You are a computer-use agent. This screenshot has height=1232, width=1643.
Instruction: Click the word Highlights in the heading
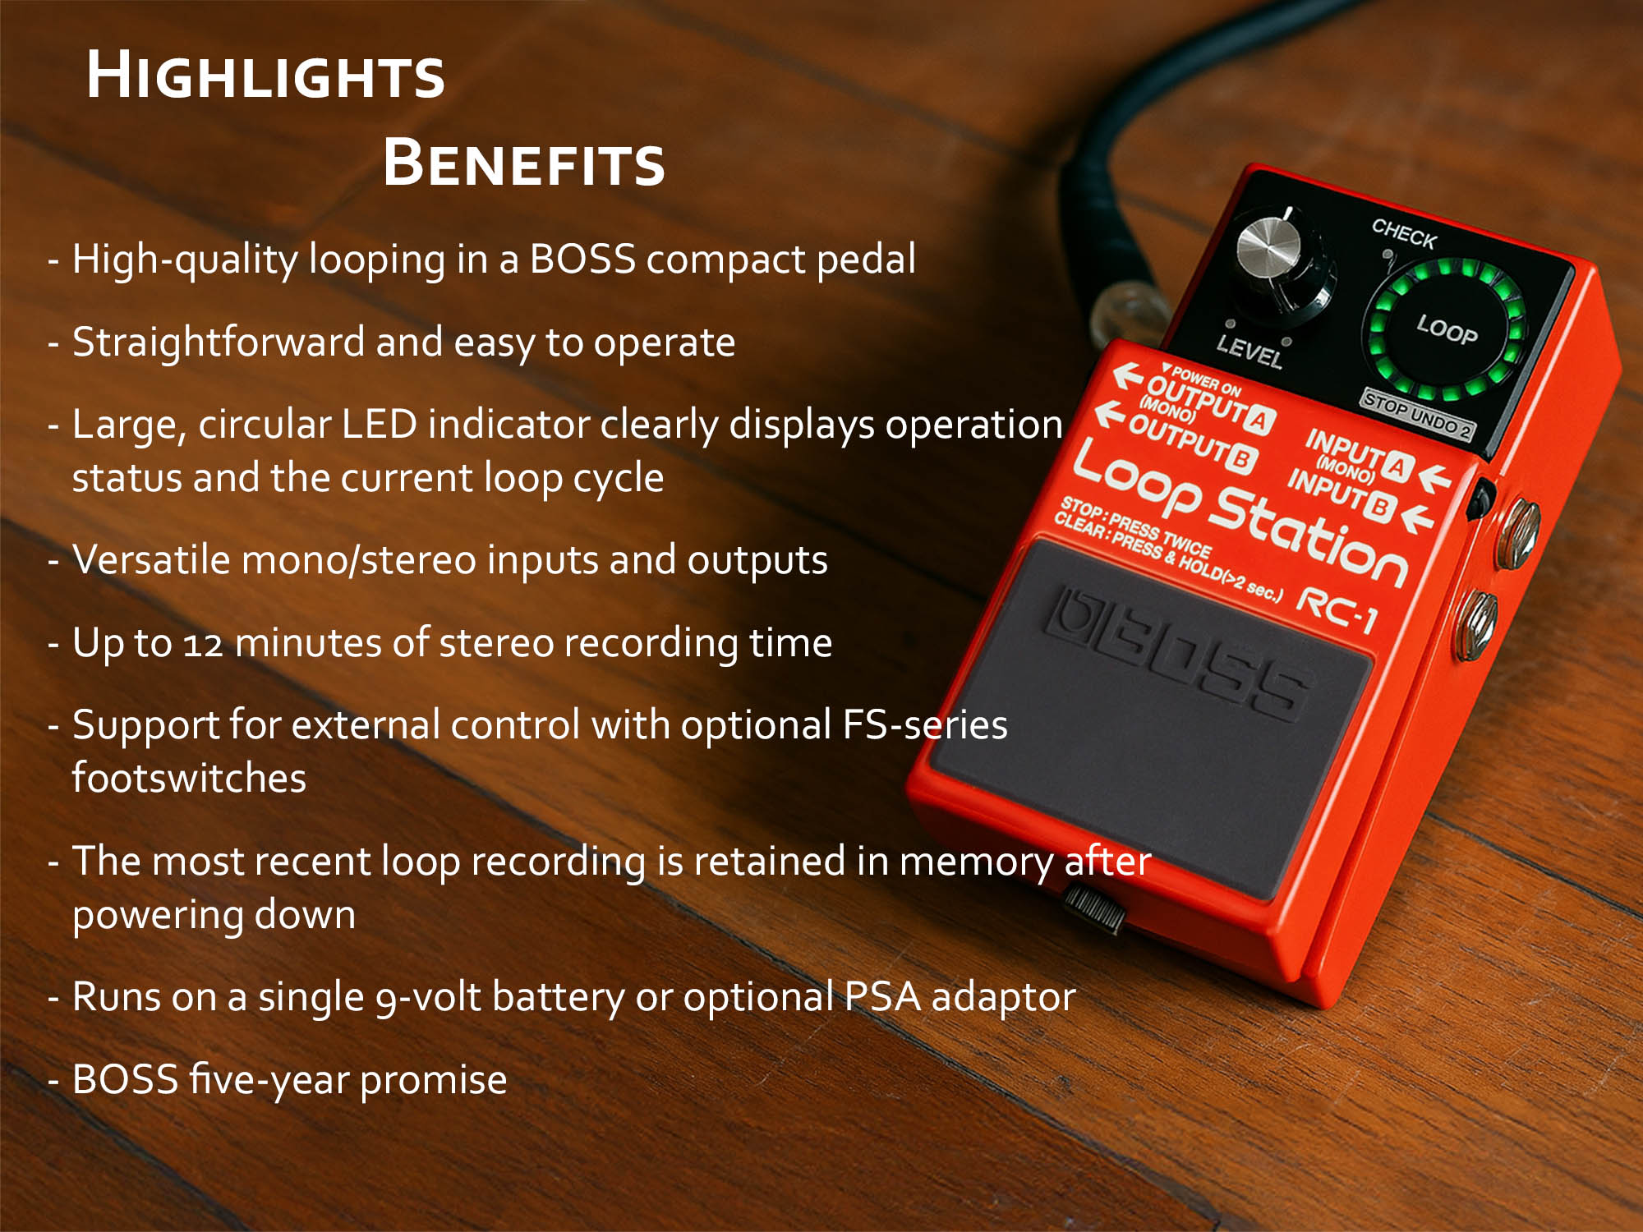(x=265, y=76)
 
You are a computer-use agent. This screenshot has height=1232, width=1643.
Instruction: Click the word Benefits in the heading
(x=523, y=163)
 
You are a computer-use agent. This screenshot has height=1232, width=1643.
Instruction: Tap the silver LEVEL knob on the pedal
(x=1269, y=246)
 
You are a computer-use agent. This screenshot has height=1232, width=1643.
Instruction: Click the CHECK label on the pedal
(x=1404, y=234)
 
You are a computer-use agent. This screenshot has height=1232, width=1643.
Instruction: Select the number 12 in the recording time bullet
(x=202, y=644)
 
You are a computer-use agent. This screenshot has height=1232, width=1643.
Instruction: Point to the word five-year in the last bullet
(x=269, y=1080)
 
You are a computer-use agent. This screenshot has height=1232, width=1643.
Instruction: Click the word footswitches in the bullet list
(x=189, y=778)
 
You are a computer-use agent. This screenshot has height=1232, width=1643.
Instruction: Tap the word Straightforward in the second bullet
(x=218, y=342)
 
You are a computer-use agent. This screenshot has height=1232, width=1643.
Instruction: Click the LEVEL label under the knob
(x=1250, y=351)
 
